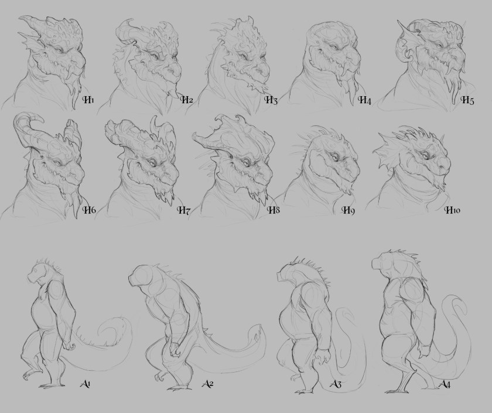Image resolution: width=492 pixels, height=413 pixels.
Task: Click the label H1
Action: click(88, 100)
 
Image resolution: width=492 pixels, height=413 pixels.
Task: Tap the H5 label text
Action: click(467, 100)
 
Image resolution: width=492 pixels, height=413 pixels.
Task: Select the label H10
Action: click(452, 210)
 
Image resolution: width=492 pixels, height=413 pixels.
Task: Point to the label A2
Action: click(208, 384)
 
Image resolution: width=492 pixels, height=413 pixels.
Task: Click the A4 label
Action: click(445, 384)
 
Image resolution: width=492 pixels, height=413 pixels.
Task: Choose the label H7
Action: click(184, 210)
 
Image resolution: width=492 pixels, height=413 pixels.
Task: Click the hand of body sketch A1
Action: click(69, 346)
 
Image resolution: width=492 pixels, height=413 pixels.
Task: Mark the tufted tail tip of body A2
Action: click(258, 333)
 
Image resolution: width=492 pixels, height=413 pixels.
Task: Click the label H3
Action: click(271, 100)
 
